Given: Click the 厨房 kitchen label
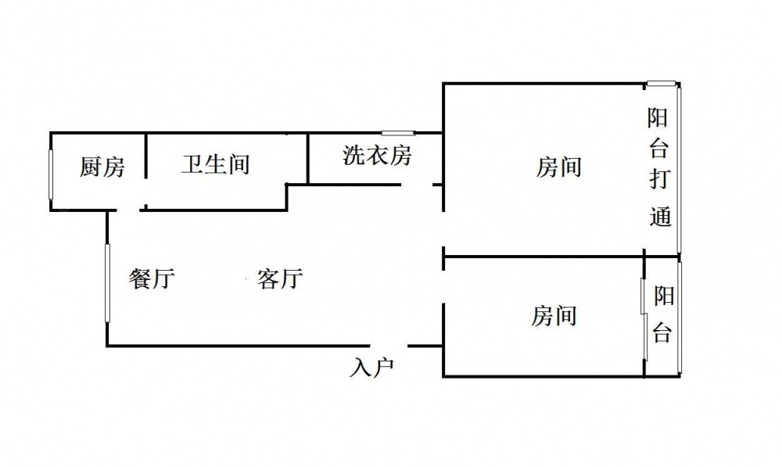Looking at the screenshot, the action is coord(102,167).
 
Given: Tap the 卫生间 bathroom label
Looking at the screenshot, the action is coord(216,164).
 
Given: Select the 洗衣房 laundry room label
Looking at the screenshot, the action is coord(377,155).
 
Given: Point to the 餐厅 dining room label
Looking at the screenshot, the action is coord(152,278).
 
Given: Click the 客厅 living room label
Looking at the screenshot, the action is coord(280,278).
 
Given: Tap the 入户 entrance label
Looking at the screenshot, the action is coord(372,368).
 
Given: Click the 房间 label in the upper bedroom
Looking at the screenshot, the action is coord(558,167).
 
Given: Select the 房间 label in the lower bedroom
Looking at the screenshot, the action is coord(554,316).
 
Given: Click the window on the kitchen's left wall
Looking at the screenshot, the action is coord(51,174).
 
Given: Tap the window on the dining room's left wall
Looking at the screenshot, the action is coord(107,282).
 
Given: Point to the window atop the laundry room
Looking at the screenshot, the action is coord(398,133).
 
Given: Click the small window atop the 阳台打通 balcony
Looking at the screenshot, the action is coord(662,84).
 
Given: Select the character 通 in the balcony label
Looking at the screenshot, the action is coord(660,216).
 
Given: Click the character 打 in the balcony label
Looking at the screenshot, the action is coord(659,178).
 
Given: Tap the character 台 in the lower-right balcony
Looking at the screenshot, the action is coord(663,332).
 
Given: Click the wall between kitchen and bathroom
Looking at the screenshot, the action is coord(145,156).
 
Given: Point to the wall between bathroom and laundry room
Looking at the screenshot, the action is coord(308,158).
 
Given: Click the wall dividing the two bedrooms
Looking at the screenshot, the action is coord(543,257).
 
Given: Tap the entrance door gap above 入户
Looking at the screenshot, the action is coord(389,345).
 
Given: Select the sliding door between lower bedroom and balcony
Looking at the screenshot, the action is coord(644,318).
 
